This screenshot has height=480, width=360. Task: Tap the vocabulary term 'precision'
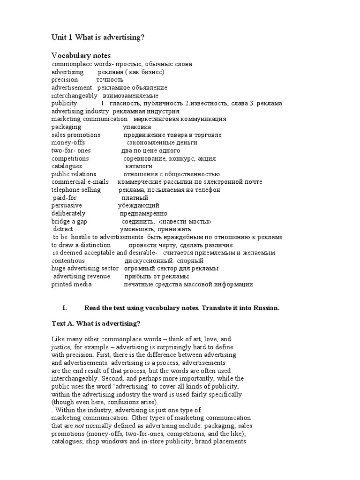(65, 80)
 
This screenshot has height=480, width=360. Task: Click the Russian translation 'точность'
(110, 80)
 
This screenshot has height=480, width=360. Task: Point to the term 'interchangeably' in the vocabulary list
(75, 95)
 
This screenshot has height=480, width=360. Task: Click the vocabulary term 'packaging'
(66, 127)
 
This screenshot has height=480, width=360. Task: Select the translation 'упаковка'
(137, 127)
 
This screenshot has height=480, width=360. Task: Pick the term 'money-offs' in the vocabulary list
(68, 142)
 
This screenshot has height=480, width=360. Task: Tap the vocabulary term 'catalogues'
(67, 166)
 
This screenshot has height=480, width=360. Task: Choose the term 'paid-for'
(65, 198)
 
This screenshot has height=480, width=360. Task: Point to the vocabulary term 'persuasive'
(67, 206)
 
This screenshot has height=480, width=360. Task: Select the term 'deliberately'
(68, 213)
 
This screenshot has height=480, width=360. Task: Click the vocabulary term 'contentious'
(68, 261)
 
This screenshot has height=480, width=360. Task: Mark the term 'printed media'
(71, 284)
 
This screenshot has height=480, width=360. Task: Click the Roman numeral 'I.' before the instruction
(65, 308)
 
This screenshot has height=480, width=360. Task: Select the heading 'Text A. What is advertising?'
(96, 324)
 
